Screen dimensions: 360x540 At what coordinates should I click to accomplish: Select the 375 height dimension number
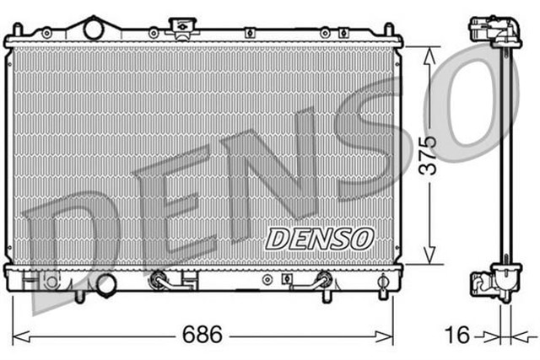click(x=429, y=154)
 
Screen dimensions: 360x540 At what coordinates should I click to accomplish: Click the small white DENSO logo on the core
click(x=319, y=239)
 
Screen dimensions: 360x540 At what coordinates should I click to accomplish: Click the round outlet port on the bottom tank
click(x=105, y=285)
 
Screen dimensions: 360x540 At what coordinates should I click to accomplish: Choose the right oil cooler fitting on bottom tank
click(x=323, y=279)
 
